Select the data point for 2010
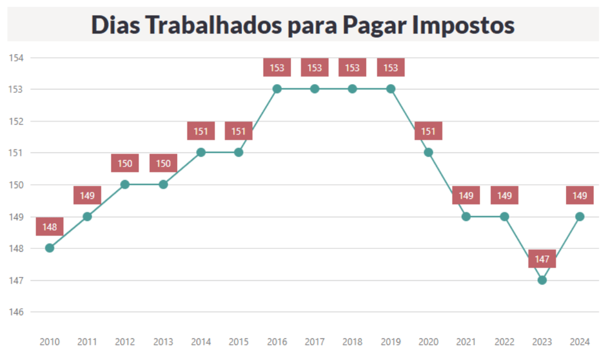tap(50, 248)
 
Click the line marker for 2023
tap(542, 280)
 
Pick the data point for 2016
tap(277, 89)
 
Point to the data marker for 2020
tap(429, 153)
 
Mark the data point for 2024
tap(579, 216)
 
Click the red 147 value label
tap(542, 259)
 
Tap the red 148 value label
tap(50, 227)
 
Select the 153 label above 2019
tap(391, 68)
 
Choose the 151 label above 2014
tap(201, 131)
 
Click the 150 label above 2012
tap(125, 164)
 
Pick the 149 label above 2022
tap(504, 195)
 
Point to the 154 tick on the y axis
tap(16, 58)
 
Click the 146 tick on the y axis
tap(16, 312)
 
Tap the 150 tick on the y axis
tap(16, 185)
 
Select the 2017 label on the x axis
tap(315, 342)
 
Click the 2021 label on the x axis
tap(466, 342)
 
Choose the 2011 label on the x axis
tap(87, 342)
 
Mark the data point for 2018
tap(353, 89)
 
